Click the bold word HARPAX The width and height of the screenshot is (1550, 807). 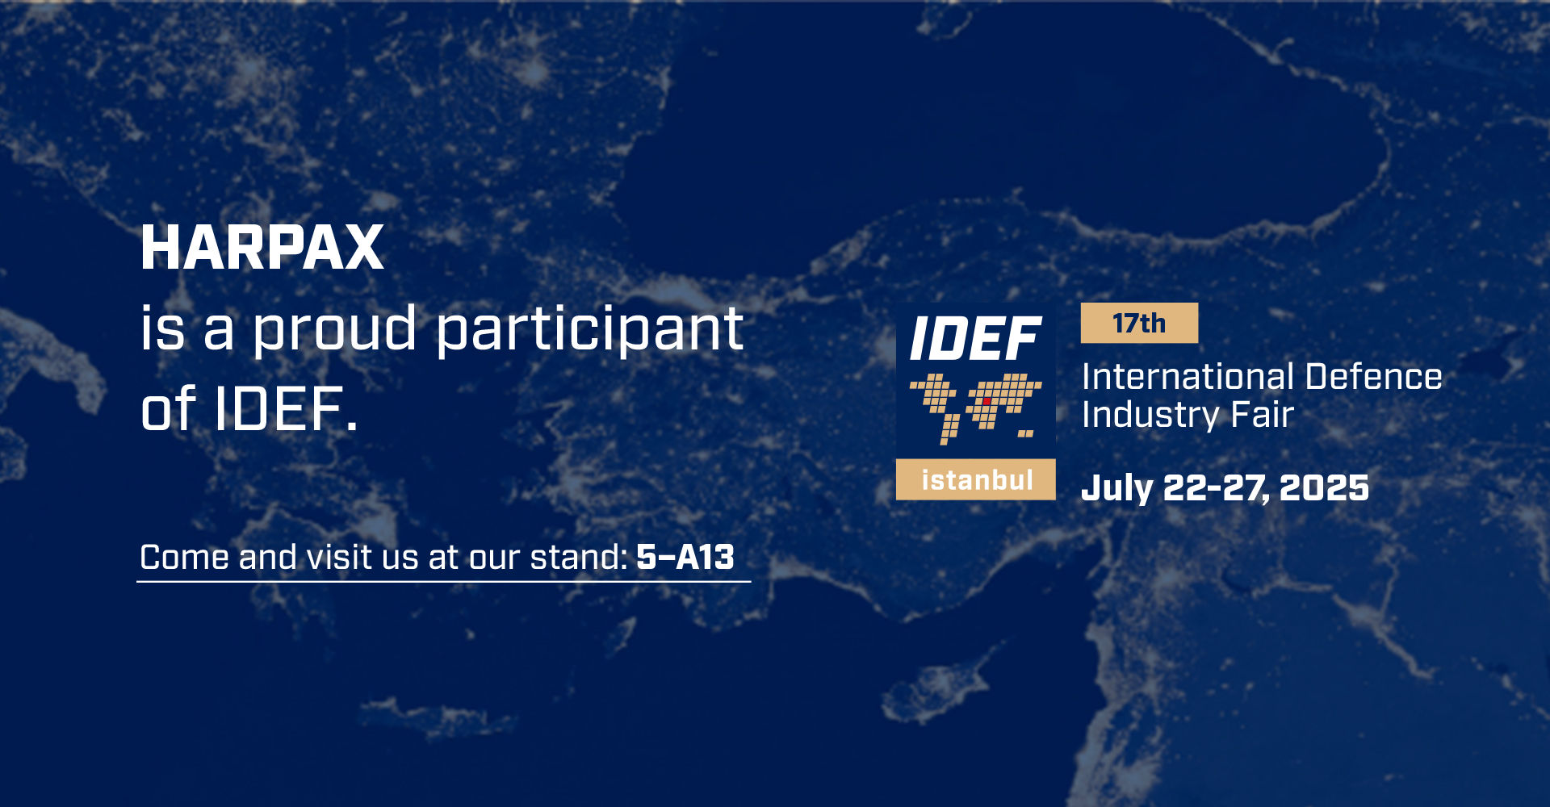262,248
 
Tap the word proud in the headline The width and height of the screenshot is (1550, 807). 335,330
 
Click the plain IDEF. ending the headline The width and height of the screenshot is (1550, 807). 286,409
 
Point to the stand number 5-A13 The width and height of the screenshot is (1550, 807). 685,557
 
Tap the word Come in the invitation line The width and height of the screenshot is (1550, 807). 185,557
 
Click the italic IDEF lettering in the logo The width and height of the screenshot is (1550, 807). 975,339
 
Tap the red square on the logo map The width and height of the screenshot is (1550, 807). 987,401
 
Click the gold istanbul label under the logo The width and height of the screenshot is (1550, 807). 976,480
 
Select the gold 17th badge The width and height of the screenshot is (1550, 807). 1139,323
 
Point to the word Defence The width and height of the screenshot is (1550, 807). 1374,377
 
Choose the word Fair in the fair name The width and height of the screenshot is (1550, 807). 1263,415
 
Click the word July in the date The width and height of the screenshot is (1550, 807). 1117,488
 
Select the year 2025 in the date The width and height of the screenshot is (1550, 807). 1324,487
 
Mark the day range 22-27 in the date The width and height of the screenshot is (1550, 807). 1217,488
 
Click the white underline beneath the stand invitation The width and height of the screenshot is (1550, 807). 444,581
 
